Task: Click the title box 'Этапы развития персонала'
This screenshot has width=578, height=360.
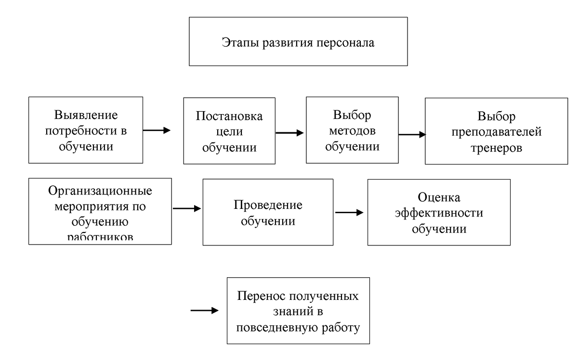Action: click(298, 41)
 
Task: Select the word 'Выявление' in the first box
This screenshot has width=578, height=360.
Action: click(86, 116)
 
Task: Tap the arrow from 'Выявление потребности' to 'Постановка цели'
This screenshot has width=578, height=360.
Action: click(157, 130)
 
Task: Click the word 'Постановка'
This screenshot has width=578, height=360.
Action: click(229, 117)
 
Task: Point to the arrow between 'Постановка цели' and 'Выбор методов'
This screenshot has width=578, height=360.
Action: click(289, 133)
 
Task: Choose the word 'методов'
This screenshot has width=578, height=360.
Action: click(352, 130)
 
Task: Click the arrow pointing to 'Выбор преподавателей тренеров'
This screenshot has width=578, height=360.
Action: click(412, 135)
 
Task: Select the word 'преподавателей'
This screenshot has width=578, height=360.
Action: click(496, 132)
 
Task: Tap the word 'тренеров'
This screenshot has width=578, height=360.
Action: click(497, 147)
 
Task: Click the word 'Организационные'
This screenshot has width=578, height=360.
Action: click(100, 191)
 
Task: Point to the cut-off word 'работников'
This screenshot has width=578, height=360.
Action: click(100, 238)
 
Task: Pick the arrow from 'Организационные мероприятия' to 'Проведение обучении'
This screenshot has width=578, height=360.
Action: click(186, 208)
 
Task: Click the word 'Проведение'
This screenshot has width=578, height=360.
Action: click(268, 205)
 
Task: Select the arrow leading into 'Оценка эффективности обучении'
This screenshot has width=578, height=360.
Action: click(349, 212)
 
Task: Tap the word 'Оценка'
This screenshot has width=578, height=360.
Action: click(439, 197)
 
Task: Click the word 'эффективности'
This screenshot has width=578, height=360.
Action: click(439, 213)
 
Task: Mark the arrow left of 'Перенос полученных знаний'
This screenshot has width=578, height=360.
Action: click(205, 310)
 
